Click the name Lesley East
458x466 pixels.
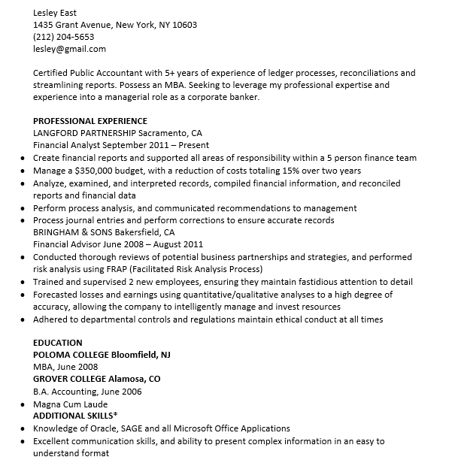pos(55,13)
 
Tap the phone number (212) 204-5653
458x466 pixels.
pos(64,37)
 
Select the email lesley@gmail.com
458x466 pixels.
pos(69,49)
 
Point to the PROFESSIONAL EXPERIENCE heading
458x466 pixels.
pos(90,121)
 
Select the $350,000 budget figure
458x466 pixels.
pos(97,171)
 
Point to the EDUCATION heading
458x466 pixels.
pos(58,343)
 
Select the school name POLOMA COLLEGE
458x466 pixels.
pos(71,355)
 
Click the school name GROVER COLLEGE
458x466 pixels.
pos(70,379)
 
